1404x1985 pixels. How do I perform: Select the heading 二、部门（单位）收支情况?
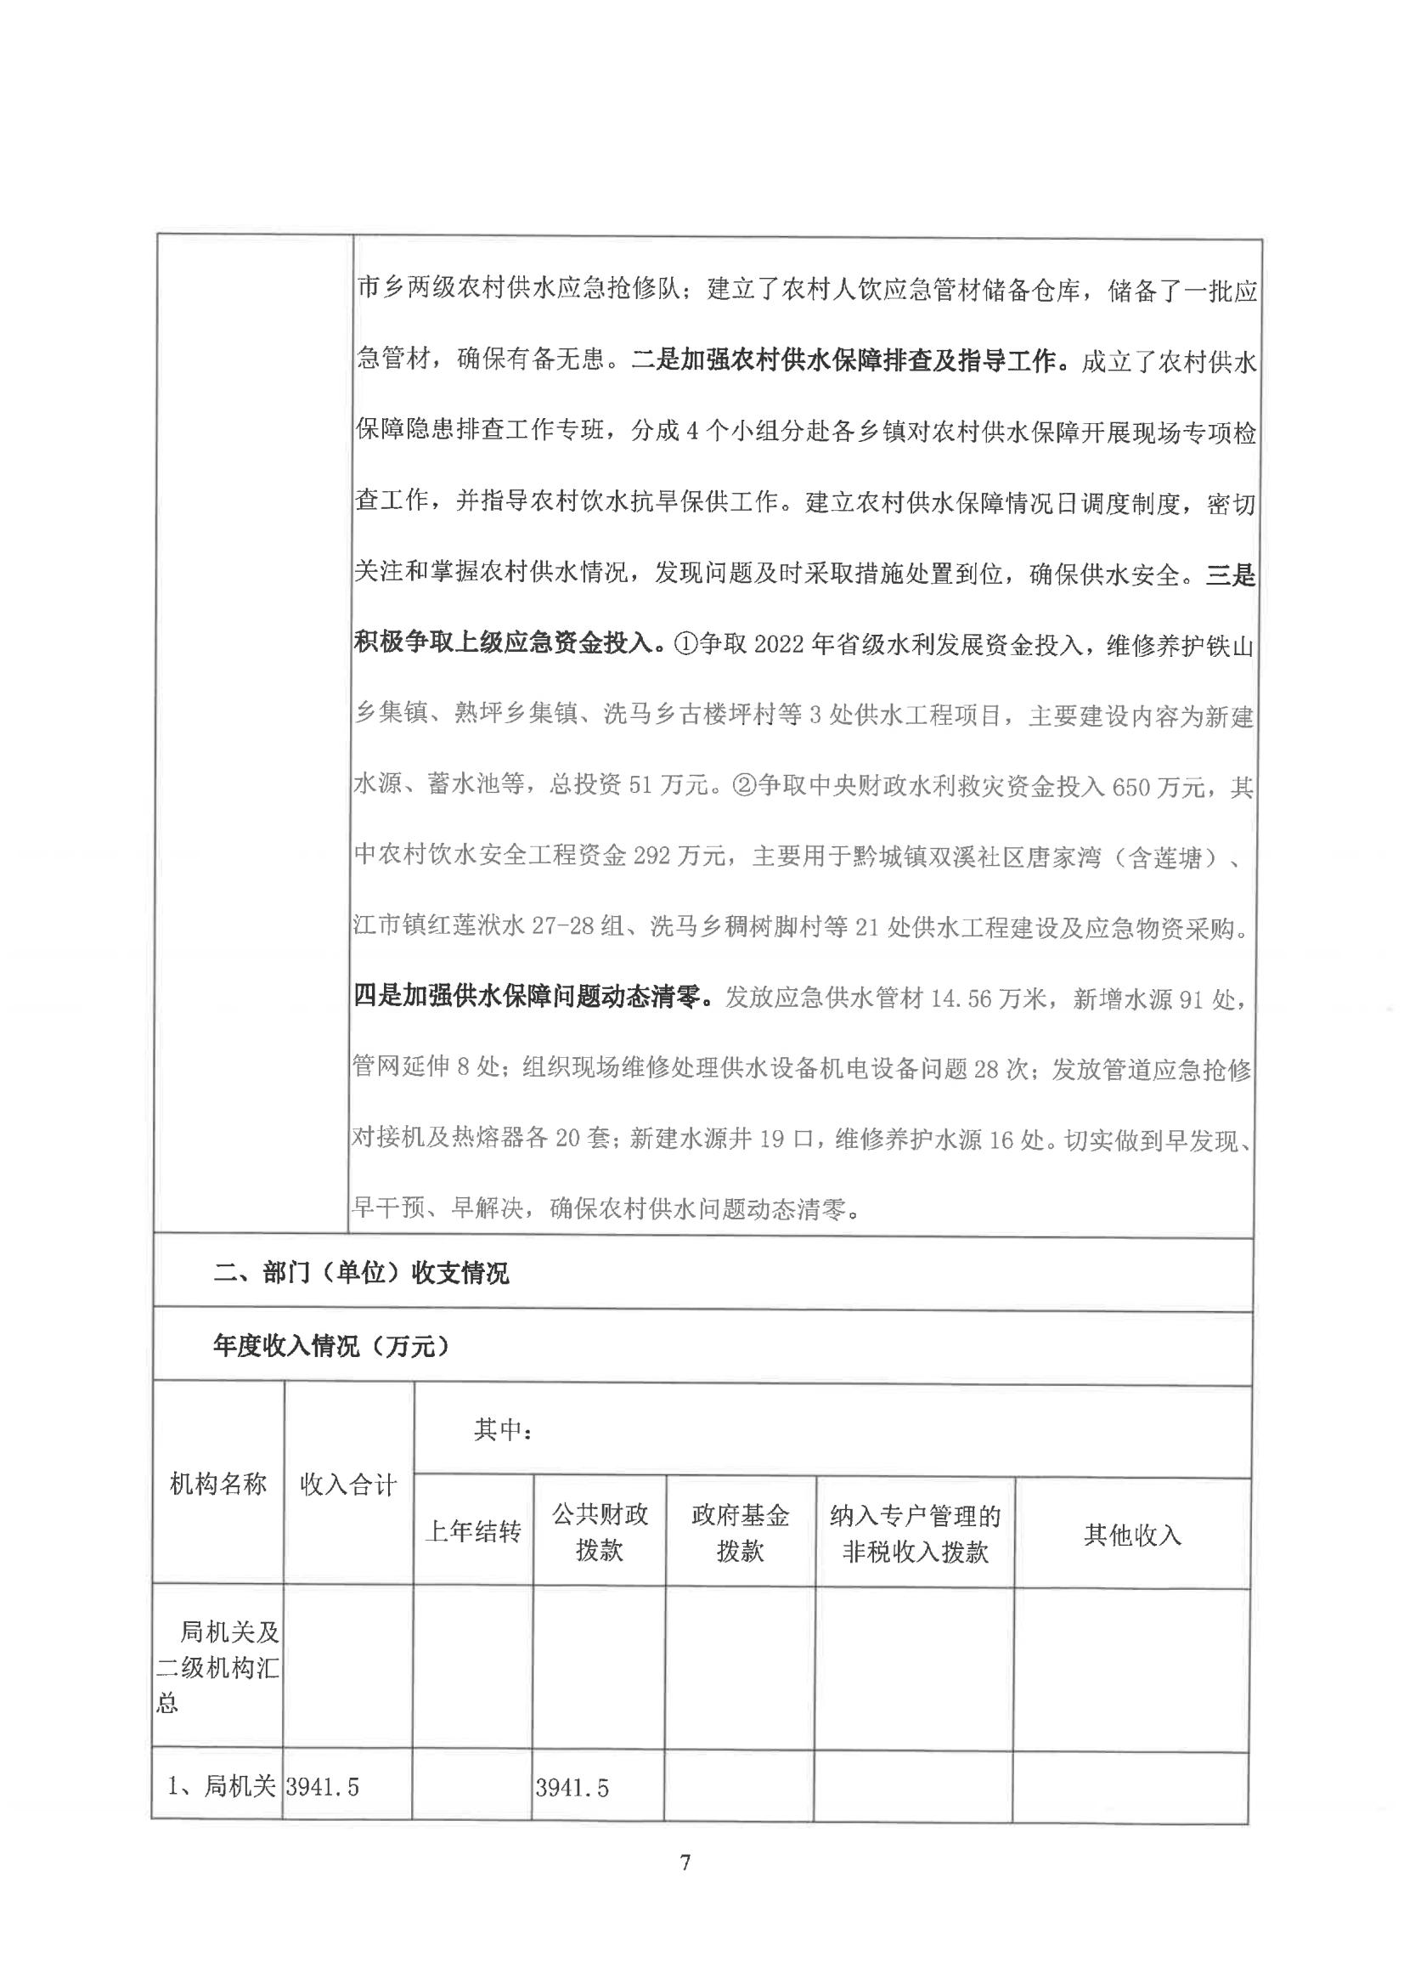(x=360, y=1272)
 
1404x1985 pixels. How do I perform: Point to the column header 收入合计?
(x=347, y=1485)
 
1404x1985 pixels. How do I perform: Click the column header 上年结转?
(x=473, y=1532)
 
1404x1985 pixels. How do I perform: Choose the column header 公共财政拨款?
(x=599, y=1532)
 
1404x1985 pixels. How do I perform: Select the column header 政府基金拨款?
(x=739, y=1533)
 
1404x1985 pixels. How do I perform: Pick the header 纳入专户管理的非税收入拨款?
(x=915, y=1534)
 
